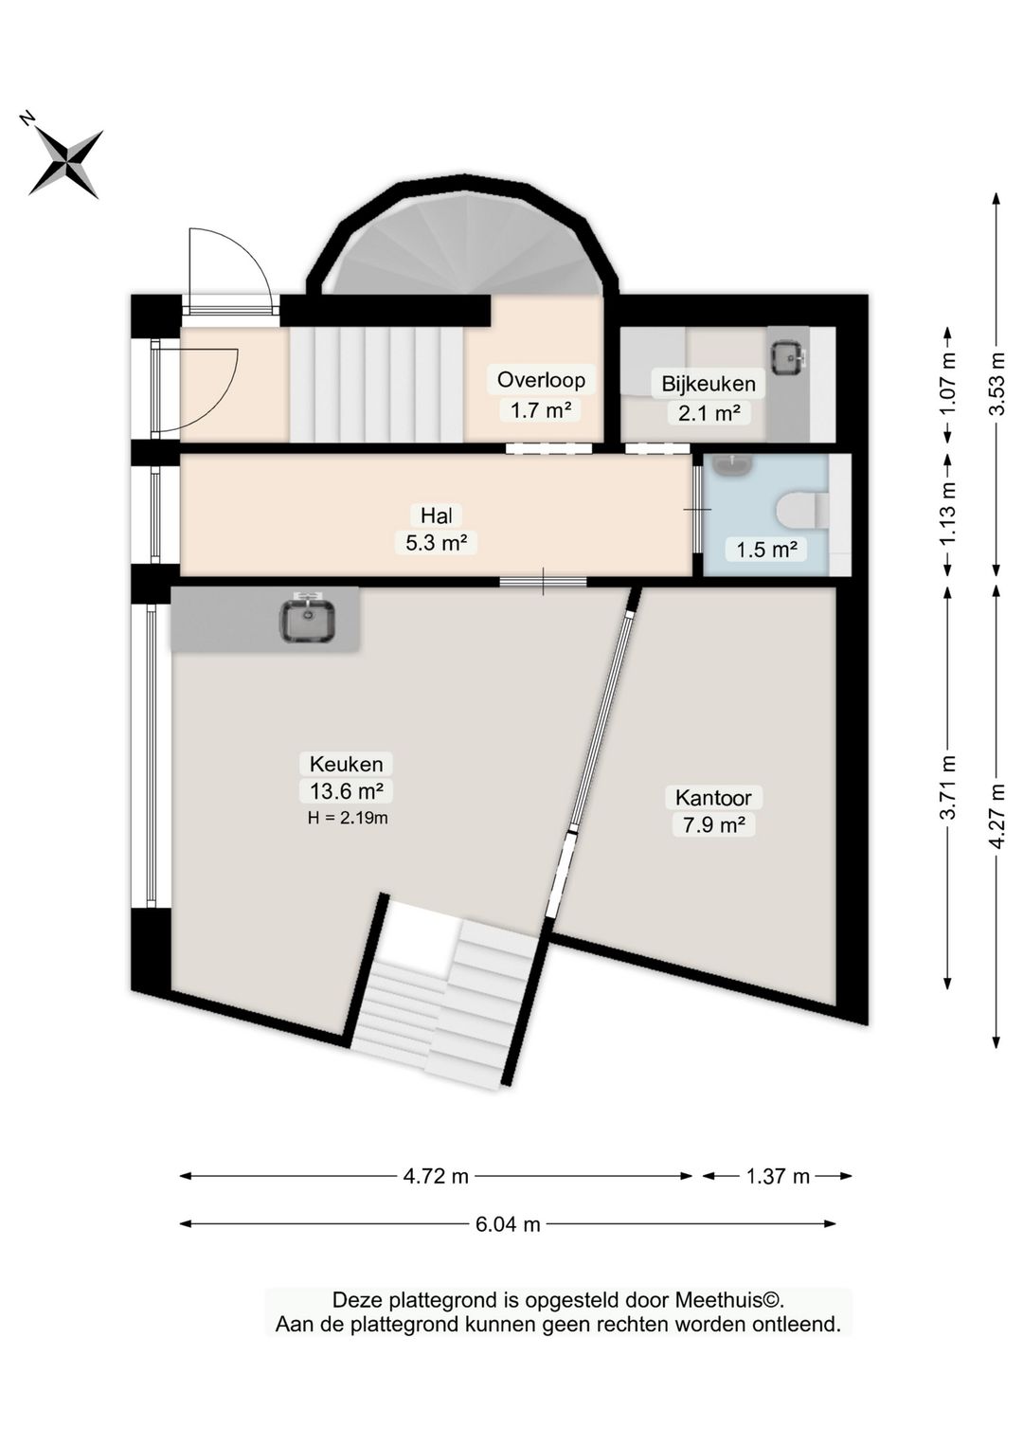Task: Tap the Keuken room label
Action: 346,765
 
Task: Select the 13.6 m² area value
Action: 347,791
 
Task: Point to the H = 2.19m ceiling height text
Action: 348,818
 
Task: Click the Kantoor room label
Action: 713,797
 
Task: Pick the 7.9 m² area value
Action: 713,825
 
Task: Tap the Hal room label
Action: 437,515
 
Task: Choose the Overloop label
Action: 541,380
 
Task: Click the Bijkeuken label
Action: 708,384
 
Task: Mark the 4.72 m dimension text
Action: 436,1176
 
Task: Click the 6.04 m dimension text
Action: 508,1224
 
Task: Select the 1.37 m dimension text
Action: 778,1176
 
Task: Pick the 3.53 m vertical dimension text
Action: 997,384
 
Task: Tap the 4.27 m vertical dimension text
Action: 997,817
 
